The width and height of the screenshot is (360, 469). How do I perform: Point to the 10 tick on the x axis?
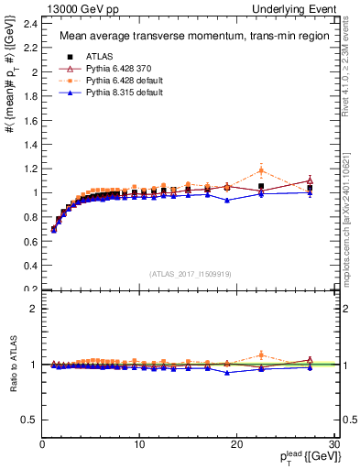[x=139, y=445]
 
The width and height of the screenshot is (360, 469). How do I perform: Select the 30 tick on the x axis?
[x=334, y=445]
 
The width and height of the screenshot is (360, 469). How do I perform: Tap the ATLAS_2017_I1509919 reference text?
[x=190, y=273]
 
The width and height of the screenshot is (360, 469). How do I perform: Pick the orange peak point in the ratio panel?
[x=261, y=354]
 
